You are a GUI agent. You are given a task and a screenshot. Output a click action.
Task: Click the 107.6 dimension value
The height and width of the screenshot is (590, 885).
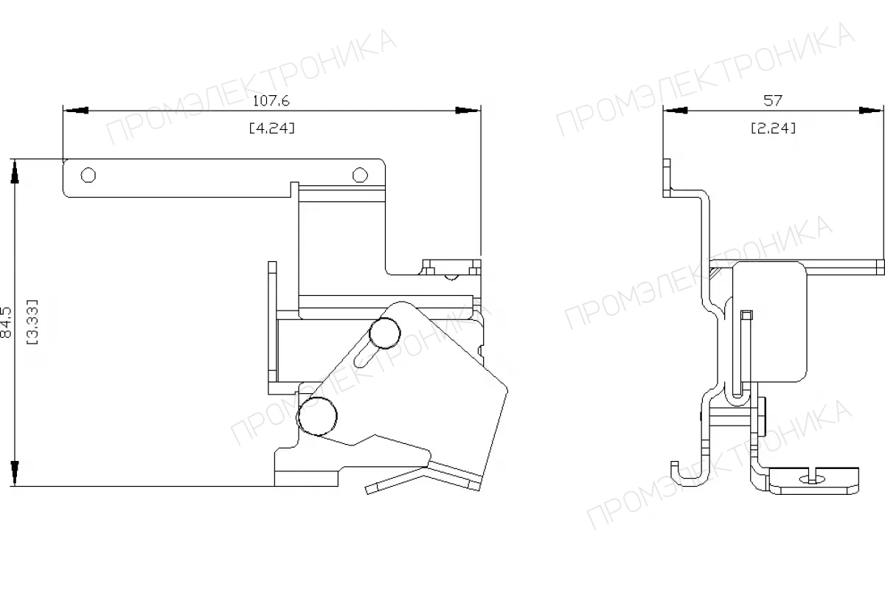tap(271, 101)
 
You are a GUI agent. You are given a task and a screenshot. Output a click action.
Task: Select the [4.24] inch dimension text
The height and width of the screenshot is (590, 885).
tap(272, 128)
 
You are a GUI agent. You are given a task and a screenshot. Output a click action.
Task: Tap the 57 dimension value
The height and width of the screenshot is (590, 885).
tap(773, 101)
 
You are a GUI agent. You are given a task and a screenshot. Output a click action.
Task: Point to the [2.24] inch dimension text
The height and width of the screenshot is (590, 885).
tap(773, 128)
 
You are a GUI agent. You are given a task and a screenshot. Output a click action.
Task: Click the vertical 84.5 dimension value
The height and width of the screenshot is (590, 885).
tap(7, 322)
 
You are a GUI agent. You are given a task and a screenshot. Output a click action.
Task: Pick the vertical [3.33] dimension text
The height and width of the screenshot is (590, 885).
tap(32, 322)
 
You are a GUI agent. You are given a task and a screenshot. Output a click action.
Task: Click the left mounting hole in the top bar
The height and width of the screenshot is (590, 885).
tap(88, 175)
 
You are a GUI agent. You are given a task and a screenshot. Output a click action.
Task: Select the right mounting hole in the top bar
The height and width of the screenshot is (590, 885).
tap(360, 175)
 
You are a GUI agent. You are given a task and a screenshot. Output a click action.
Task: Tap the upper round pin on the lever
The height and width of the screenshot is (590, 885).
tap(384, 333)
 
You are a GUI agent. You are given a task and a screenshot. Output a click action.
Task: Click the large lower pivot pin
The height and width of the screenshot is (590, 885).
tap(317, 417)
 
